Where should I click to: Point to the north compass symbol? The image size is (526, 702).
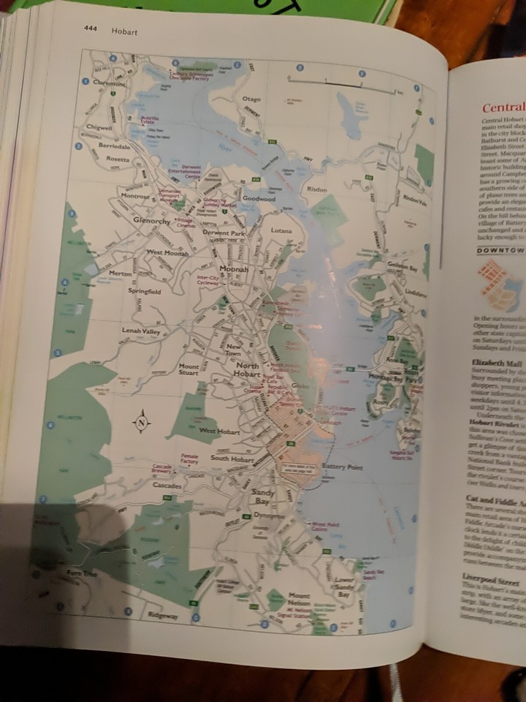coord(141,421)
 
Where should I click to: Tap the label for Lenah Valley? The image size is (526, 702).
coord(140,331)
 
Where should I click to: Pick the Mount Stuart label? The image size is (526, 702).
coord(188,368)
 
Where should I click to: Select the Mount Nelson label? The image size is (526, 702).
coord(299,599)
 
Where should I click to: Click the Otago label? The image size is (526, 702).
coord(251,99)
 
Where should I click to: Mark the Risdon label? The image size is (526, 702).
coord(317,188)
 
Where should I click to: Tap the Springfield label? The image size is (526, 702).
coord(144,291)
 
